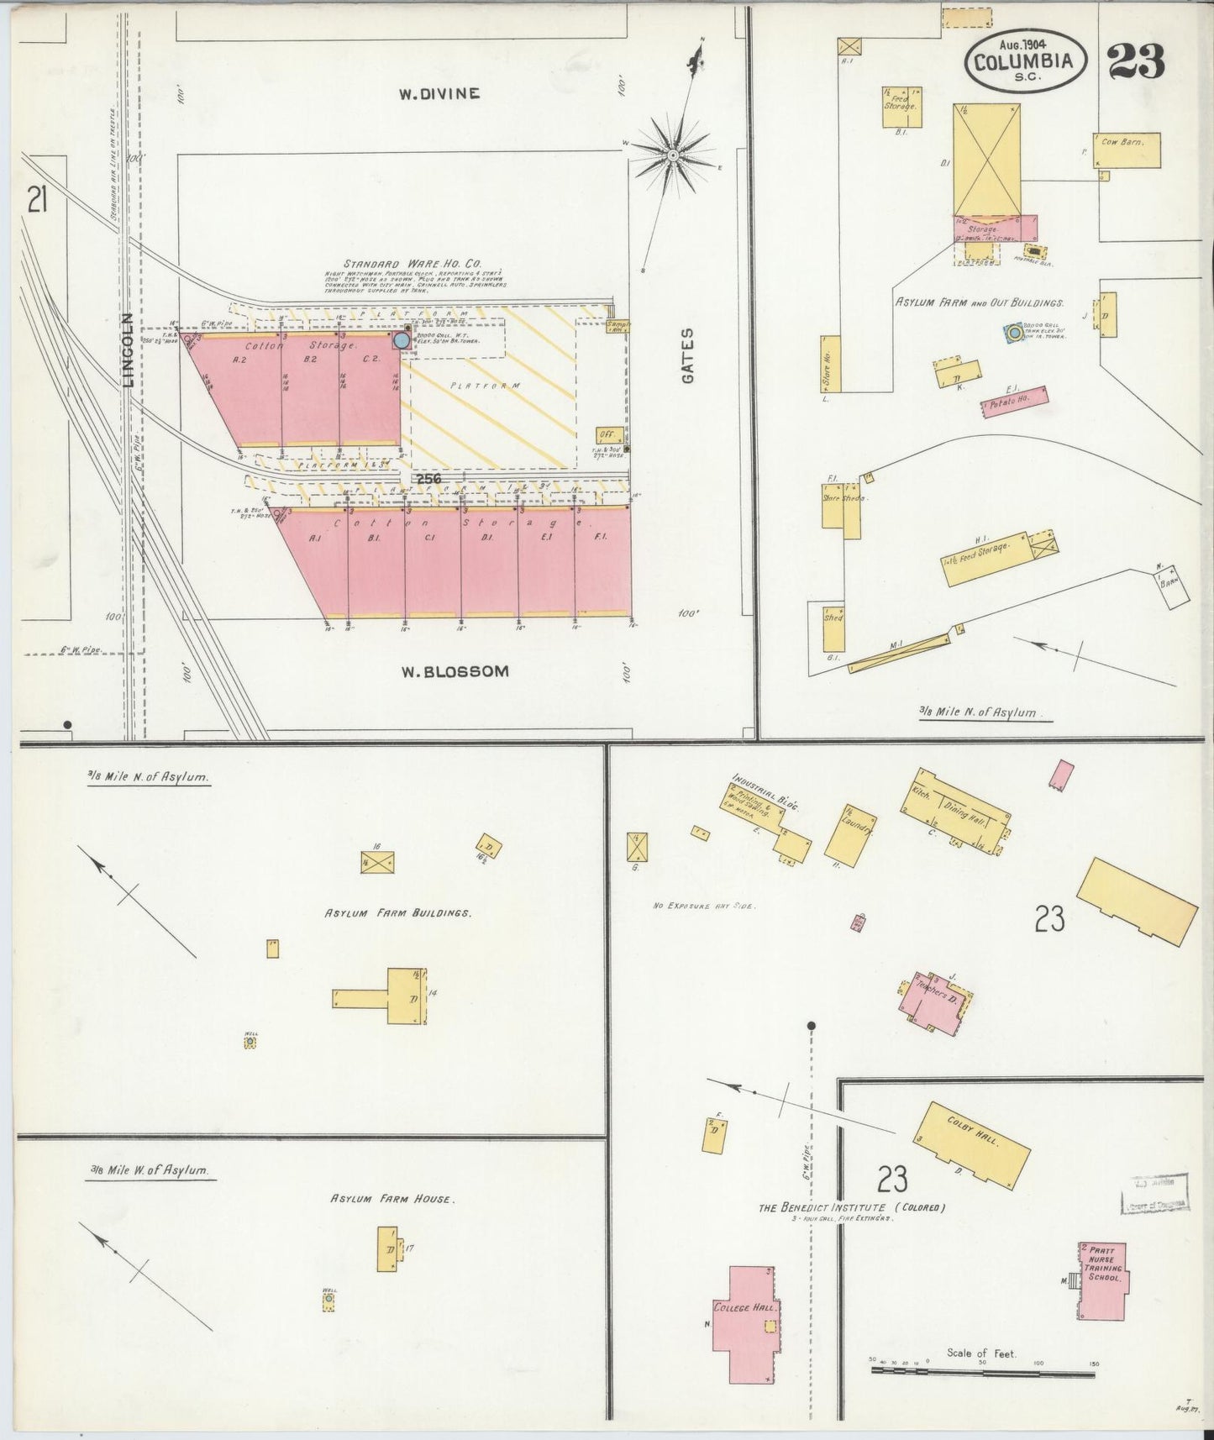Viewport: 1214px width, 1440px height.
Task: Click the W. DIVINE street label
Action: (439, 93)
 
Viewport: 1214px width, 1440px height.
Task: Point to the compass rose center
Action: (672, 155)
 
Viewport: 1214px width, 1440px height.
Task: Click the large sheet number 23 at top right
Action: (1136, 61)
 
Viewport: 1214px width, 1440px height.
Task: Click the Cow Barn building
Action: (1127, 150)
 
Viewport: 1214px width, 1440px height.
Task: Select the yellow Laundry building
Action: (852, 834)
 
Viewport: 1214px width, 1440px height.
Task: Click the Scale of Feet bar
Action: (981, 1369)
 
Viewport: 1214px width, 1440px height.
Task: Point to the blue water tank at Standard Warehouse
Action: (402, 340)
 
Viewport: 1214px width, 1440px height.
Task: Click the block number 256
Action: (427, 478)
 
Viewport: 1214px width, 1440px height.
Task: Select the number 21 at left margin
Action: (36, 201)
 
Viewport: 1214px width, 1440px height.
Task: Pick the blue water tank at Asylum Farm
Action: (1014, 334)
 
